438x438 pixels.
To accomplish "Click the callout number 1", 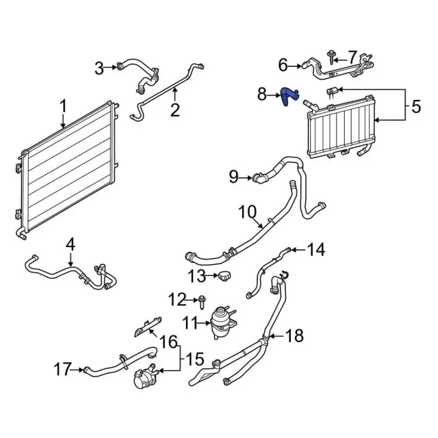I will [63, 106].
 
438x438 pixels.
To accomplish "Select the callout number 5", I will [416, 107].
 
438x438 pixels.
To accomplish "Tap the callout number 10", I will [246, 213].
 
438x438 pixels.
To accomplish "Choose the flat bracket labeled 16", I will [146, 326].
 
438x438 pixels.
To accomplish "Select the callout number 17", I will [62, 370].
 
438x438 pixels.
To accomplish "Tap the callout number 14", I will [315, 250].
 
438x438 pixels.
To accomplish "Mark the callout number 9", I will [233, 177].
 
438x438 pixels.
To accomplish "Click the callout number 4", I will [70, 244].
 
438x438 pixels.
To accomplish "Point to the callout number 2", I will [175, 109].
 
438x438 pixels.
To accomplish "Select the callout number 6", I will [283, 66].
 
